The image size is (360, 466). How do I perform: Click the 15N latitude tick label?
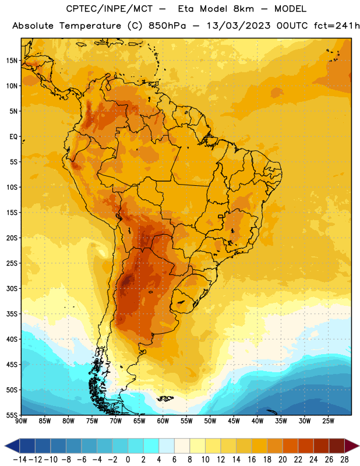(x=12, y=61)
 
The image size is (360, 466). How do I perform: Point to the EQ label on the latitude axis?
(x=13, y=137)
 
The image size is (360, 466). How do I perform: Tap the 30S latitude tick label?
(x=12, y=288)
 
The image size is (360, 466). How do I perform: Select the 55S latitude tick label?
(x=12, y=415)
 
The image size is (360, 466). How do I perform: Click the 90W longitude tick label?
(x=21, y=421)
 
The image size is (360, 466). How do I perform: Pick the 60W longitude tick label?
(x=163, y=421)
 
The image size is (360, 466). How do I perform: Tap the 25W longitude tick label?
(x=328, y=421)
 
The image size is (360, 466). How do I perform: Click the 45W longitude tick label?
(x=234, y=421)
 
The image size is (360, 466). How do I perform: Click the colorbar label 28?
(x=344, y=460)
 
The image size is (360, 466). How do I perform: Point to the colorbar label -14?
(x=20, y=460)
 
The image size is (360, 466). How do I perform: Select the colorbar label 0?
(x=128, y=460)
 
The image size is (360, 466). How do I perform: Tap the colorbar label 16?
(x=252, y=460)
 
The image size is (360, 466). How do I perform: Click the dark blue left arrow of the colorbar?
(x=12, y=446)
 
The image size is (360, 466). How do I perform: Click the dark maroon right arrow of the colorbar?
(x=352, y=446)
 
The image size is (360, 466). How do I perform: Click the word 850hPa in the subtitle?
(x=167, y=26)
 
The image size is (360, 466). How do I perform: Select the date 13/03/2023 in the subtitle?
(x=238, y=26)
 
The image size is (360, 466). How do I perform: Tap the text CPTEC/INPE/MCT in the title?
(x=110, y=9)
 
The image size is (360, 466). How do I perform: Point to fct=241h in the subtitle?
(x=337, y=26)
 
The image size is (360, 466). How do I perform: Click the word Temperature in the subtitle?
(x=90, y=26)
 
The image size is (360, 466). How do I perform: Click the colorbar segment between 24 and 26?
(x=322, y=446)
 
